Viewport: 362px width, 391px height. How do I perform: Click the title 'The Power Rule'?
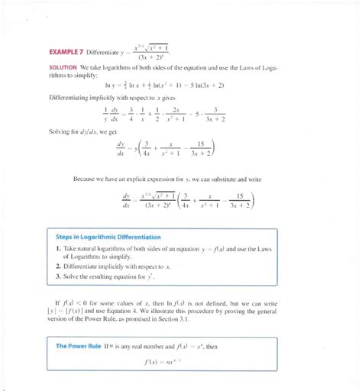pyautogui.click(x=79, y=346)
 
